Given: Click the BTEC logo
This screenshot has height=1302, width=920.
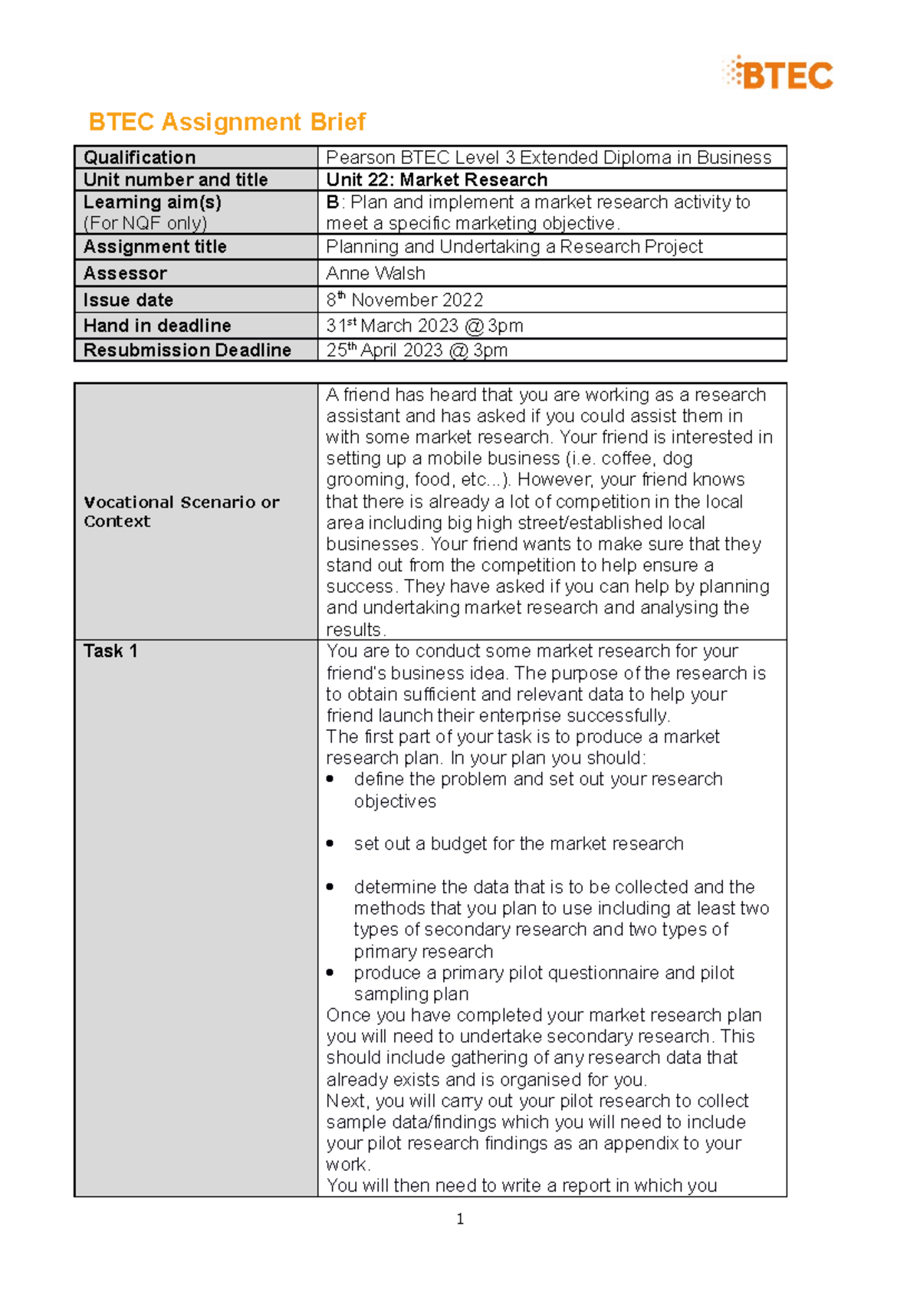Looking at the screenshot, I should (x=777, y=74).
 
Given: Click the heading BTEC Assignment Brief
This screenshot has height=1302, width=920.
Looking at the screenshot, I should (x=227, y=122).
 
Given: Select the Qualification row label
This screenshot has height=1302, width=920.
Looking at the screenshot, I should (x=140, y=157).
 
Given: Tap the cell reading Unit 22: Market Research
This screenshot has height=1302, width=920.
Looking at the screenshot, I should (x=436, y=179).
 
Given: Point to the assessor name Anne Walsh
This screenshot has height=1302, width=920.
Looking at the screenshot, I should (x=375, y=273).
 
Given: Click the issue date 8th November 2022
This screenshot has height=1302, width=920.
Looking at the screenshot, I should (x=404, y=300).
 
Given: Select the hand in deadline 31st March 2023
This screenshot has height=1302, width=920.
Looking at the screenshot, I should (x=424, y=326).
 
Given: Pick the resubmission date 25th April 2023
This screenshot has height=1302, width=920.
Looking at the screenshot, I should (x=416, y=350).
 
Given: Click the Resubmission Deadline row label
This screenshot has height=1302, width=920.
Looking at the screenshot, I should (x=187, y=350).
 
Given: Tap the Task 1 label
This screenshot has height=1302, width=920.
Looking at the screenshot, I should (x=110, y=651).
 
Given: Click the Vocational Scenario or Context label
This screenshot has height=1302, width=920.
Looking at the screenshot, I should (x=181, y=511).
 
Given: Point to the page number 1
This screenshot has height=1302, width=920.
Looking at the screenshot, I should (x=460, y=1219).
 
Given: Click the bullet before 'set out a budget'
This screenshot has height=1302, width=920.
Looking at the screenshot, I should (x=330, y=843).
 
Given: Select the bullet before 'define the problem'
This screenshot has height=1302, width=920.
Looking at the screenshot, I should (x=330, y=779).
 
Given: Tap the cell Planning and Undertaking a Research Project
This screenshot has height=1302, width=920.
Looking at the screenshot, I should (x=514, y=247).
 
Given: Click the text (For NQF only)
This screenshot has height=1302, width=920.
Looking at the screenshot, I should (x=145, y=223).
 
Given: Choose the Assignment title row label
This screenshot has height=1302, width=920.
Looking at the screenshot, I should (x=155, y=247).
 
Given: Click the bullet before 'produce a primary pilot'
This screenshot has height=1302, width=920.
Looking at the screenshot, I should (x=330, y=972).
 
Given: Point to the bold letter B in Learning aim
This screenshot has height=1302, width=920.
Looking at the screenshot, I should (x=332, y=202).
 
